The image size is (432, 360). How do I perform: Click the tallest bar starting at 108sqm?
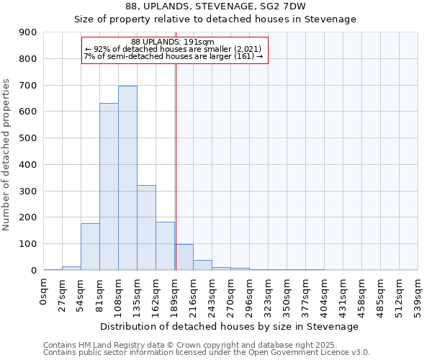point(127,178)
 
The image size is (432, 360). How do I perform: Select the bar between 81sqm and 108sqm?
point(109,186)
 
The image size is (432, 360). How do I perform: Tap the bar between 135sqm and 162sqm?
point(146,228)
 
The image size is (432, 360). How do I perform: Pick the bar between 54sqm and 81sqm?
point(90,246)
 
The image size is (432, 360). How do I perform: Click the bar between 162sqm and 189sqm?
point(165,246)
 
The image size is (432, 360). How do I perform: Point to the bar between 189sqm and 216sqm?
point(184,257)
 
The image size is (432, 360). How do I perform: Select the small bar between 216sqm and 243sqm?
point(202,265)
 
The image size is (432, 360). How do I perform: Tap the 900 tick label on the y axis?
point(28,32)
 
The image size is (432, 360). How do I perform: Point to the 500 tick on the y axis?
point(28,138)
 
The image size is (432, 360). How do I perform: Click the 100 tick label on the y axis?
point(28,244)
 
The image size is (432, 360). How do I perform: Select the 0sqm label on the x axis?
point(44,292)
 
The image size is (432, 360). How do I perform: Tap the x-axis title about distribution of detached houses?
point(230,326)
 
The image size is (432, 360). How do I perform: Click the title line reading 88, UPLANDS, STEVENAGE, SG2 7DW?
point(215,6)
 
